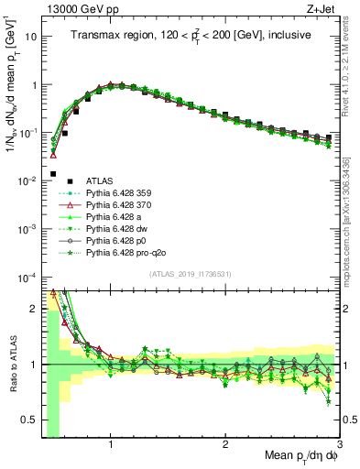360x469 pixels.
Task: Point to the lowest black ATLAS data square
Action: pos(53,173)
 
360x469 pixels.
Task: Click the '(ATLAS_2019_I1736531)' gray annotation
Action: pos(190,273)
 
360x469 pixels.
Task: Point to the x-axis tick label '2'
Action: pos(225,445)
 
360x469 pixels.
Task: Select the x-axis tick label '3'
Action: pos(339,445)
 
